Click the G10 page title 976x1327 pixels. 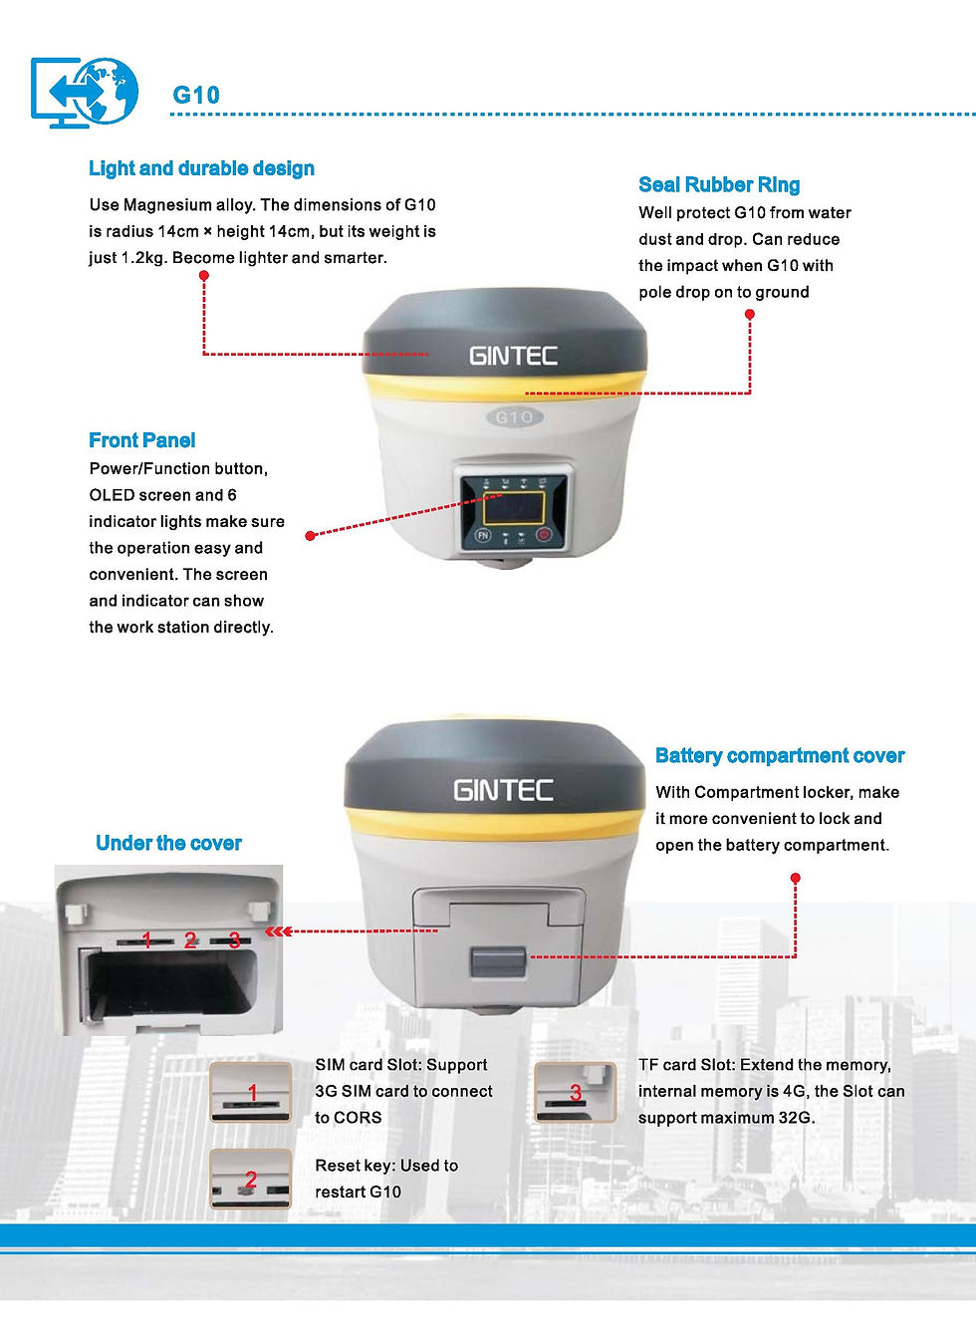pos(196,95)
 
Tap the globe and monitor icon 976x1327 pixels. pos(84,92)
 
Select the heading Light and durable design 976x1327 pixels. pos(201,168)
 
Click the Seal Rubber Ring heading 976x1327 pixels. pos(719,185)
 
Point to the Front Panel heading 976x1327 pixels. pos(142,440)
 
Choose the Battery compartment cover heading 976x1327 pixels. pos(780,756)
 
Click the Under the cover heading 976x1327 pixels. pos(168,843)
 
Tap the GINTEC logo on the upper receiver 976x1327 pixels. pos(514,356)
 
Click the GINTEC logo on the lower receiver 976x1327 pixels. pos(503,790)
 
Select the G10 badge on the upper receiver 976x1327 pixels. pos(515,417)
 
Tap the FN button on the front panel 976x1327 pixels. pos(483,536)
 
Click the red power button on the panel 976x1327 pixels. pos(544,535)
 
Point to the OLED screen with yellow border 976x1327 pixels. pos(514,508)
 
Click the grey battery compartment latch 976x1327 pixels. pos(498,962)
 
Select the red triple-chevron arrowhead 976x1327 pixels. pos(278,931)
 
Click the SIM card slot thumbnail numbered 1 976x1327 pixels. pos(251,1093)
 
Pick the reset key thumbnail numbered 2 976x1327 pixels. pos(251,1179)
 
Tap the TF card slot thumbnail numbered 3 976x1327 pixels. pos(575,1093)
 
